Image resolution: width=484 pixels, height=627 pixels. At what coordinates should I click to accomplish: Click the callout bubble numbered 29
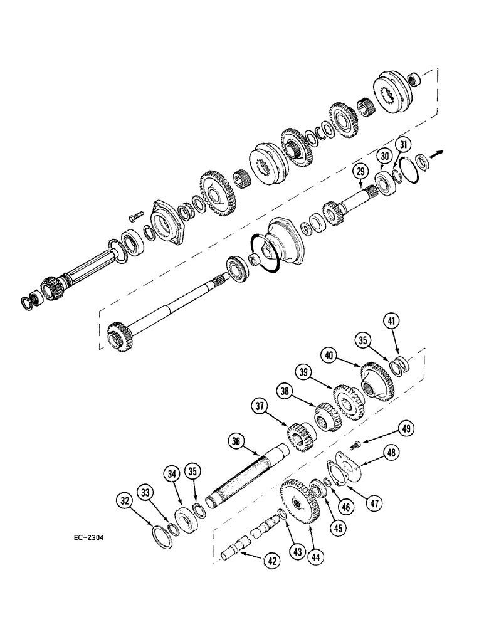coord(359,171)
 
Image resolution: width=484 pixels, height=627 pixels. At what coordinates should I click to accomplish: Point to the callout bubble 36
coord(236,441)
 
